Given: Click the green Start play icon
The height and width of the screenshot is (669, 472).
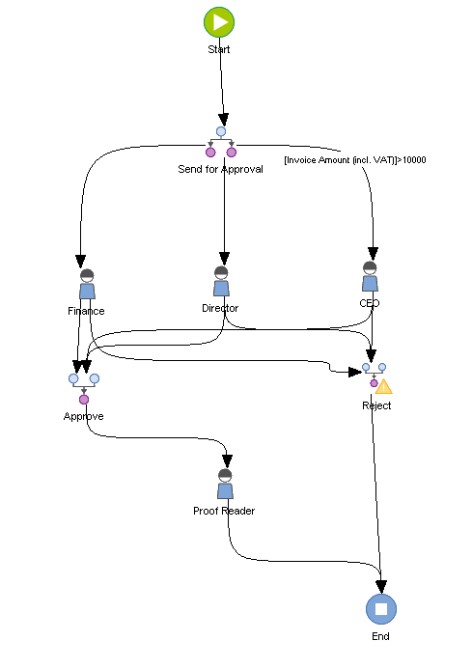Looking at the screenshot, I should (x=219, y=21).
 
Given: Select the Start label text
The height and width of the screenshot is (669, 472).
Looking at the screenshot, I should (x=219, y=48).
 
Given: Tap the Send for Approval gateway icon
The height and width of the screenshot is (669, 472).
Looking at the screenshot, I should (x=220, y=142).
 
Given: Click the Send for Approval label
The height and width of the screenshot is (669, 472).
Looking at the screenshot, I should (x=220, y=169).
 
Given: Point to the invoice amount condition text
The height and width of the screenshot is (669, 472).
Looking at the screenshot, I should (x=355, y=159).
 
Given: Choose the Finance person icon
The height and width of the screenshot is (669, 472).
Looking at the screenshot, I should (x=86, y=285).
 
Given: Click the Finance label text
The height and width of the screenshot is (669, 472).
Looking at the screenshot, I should (x=86, y=311).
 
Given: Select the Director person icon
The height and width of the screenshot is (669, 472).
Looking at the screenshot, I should (x=221, y=282).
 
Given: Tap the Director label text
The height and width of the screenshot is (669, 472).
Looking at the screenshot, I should (x=220, y=308).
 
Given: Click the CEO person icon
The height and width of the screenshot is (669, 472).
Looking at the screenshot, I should (x=370, y=277).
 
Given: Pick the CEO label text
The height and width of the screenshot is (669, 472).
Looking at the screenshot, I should (x=370, y=303).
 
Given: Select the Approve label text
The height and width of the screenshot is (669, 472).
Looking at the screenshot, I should (x=84, y=416).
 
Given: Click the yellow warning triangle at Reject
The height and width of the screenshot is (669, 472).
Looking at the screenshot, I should (x=384, y=386).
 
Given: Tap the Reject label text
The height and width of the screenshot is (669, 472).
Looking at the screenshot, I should (x=376, y=405).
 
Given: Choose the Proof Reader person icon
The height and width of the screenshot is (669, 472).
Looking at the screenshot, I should (x=225, y=484).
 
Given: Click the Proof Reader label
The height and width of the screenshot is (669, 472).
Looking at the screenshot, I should (x=224, y=511).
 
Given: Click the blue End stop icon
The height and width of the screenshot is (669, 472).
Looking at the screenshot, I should (x=381, y=609).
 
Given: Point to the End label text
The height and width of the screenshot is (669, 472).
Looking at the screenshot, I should (x=380, y=637).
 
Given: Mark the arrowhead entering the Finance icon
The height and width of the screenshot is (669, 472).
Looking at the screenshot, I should (x=81, y=260).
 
